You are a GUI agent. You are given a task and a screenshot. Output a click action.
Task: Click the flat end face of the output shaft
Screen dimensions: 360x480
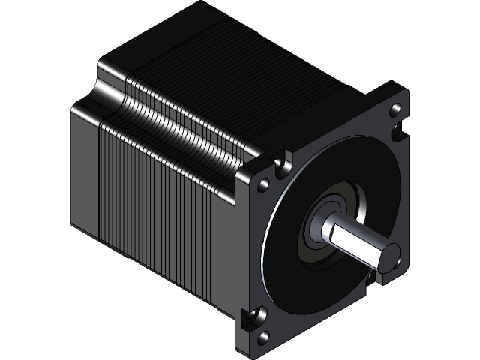pyautogui.click(x=388, y=255)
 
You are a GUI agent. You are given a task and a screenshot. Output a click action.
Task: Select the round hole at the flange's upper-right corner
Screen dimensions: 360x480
pyautogui.click(x=394, y=112)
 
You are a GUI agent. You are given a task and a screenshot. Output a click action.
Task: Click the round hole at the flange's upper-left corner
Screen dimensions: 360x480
pyautogui.click(x=265, y=184)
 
